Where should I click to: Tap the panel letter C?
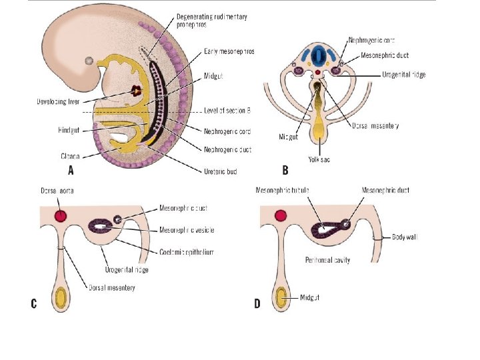[x=33, y=304]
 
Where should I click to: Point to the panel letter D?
[x=257, y=304]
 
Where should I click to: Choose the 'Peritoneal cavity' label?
[x=327, y=259]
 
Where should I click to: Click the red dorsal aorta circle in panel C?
[x=61, y=215]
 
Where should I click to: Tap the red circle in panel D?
[x=281, y=215]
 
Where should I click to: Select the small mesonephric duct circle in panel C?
[x=117, y=219]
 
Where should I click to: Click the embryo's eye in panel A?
[x=89, y=61]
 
